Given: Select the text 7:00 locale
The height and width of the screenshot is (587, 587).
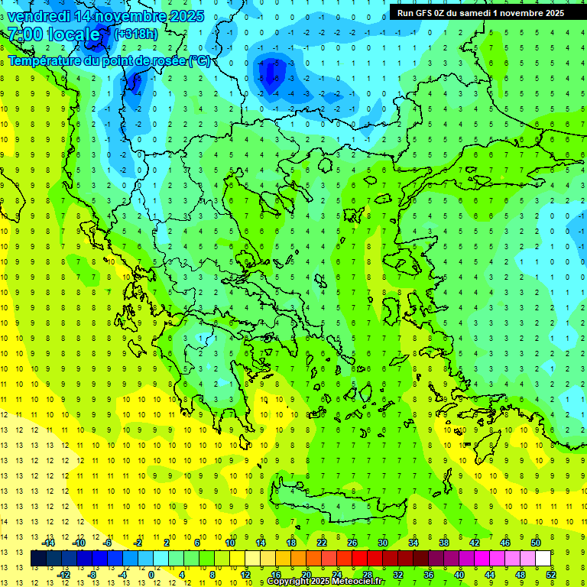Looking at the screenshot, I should coord(54,35).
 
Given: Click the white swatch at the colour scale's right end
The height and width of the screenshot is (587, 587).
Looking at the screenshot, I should coord(543,559).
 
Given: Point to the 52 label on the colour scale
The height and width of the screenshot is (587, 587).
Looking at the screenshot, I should coord(551,575).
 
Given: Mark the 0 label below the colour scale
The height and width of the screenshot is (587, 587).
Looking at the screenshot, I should coord(151,575).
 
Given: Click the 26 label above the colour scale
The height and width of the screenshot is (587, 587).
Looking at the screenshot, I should coord(352,543).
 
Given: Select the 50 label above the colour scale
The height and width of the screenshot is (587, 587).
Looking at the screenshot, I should coord(536,543).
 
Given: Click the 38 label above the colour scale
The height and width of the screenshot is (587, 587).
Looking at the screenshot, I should coord(444,543).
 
